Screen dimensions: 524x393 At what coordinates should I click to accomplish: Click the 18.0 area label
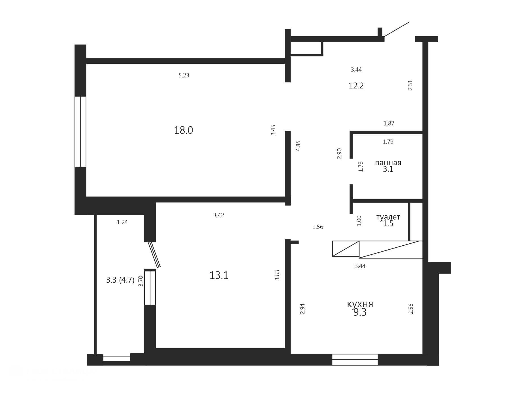coord(183,130)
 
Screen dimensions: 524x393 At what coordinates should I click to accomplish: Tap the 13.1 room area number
coord(219,275)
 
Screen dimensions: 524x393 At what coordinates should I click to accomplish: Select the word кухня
coord(360,304)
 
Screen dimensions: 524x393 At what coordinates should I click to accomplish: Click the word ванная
coord(388,163)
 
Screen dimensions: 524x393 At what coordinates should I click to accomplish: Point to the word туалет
coord(388,217)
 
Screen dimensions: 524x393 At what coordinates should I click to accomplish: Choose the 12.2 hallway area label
coord(356,86)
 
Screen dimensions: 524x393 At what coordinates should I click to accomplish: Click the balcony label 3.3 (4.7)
coord(120,280)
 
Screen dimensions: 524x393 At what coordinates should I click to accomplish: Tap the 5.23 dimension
coord(184,75)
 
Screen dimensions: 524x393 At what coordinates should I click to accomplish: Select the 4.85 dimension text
coord(298,146)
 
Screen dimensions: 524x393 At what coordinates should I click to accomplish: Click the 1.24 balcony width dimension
coord(122,222)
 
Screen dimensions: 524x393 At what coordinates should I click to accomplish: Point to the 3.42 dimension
coord(219,215)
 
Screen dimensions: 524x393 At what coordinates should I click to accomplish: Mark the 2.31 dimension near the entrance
coord(410,85)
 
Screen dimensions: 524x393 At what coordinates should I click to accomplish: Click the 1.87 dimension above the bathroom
coord(389,123)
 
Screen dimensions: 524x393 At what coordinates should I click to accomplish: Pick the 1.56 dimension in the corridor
coord(318,227)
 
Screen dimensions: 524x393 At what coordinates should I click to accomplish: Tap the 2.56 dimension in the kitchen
coord(411,309)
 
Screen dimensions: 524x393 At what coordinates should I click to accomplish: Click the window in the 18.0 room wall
coord(80,132)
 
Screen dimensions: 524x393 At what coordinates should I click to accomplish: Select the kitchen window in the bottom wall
coord(355,360)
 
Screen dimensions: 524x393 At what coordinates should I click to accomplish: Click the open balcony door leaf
coord(154,255)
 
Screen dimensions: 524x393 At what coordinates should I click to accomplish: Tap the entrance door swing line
coord(397,29)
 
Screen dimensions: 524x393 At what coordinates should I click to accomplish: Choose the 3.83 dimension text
coord(277,275)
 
